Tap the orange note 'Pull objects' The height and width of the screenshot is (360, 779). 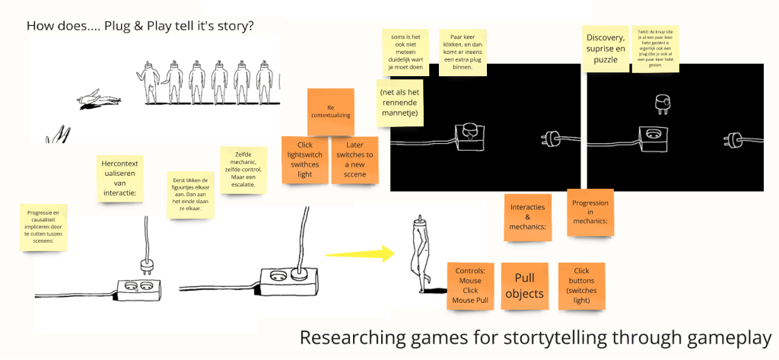[525, 286]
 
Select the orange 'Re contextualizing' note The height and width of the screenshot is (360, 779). [331, 111]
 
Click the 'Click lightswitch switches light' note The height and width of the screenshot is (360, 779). [304, 159]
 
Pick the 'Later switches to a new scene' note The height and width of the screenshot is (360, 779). [355, 159]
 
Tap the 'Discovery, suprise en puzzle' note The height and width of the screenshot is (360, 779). [606, 48]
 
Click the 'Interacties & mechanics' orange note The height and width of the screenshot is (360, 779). [528, 217]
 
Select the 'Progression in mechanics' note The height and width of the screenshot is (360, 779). [590, 212]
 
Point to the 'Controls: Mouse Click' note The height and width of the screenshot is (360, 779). [470, 285]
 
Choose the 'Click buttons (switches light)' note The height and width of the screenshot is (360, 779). [581, 285]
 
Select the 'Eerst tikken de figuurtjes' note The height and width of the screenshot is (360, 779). [192, 195]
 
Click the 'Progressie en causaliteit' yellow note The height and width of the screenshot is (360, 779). [43, 226]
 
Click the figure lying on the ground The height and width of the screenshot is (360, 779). [97, 98]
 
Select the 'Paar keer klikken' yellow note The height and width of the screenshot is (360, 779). [463, 52]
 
